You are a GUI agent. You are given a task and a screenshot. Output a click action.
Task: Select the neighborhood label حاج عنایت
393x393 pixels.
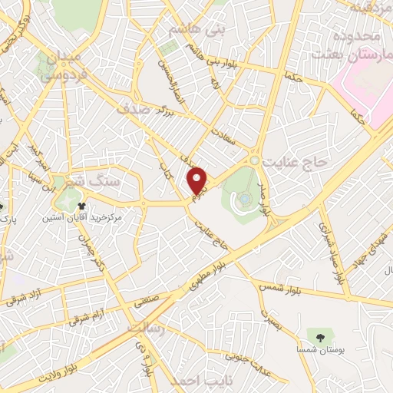(295, 163)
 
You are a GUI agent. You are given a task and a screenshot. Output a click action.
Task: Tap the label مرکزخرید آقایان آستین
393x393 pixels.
(86, 219)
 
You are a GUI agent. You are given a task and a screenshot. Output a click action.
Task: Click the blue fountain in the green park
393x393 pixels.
(244, 199)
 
